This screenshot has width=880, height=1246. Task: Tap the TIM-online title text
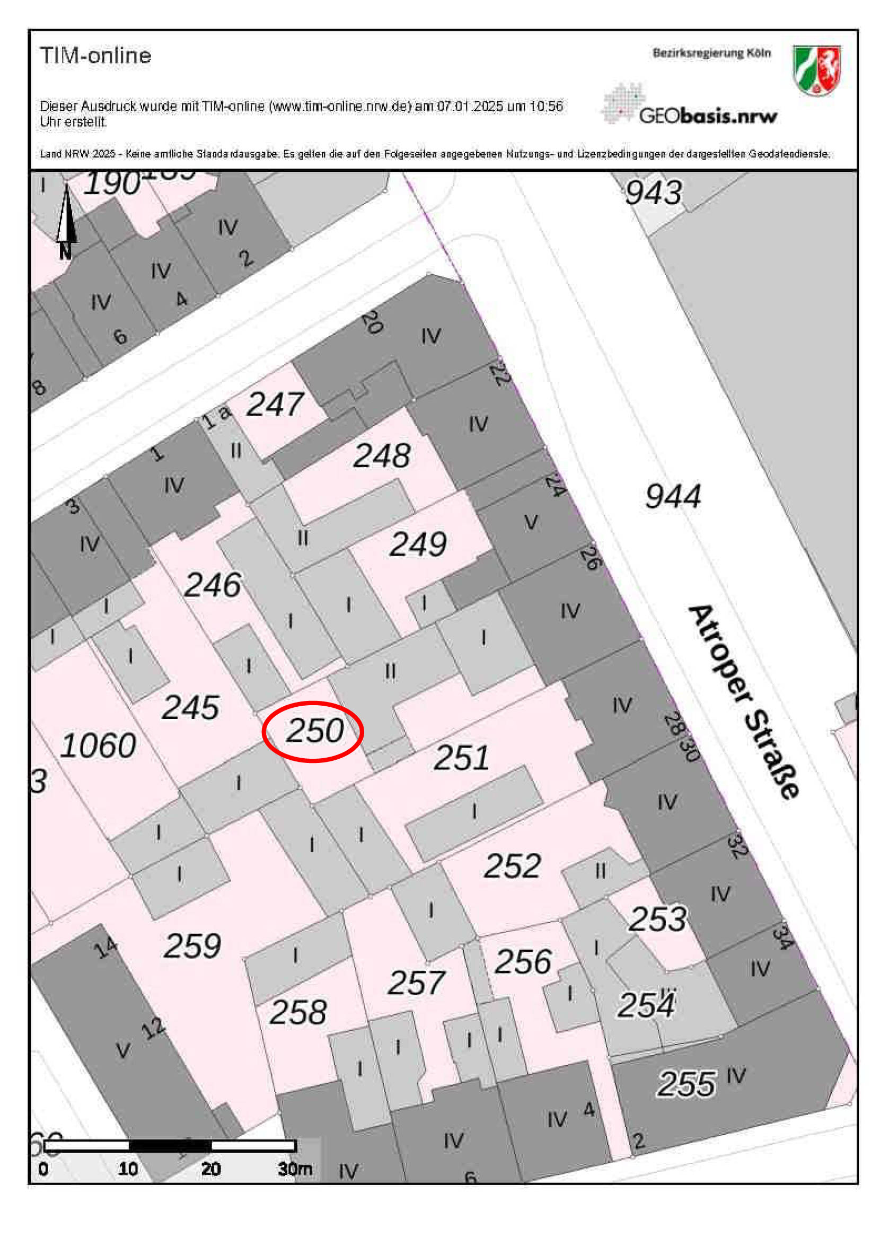[x=95, y=55]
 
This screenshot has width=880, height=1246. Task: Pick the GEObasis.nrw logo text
[x=708, y=115]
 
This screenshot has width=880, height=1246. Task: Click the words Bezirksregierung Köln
[x=711, y=53]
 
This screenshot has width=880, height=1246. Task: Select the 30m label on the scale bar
[x=295, y=1168]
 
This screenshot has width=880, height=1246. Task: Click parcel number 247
[x=275, y=405]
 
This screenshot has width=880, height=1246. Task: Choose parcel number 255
[x=687, y=1084]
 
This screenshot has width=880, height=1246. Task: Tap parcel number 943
[x=653, y=192]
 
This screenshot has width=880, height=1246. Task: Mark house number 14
[x=105, y=947]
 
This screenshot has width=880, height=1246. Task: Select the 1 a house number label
[x=216, y=417]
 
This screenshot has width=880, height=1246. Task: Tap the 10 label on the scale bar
[x=128, y=1168]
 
